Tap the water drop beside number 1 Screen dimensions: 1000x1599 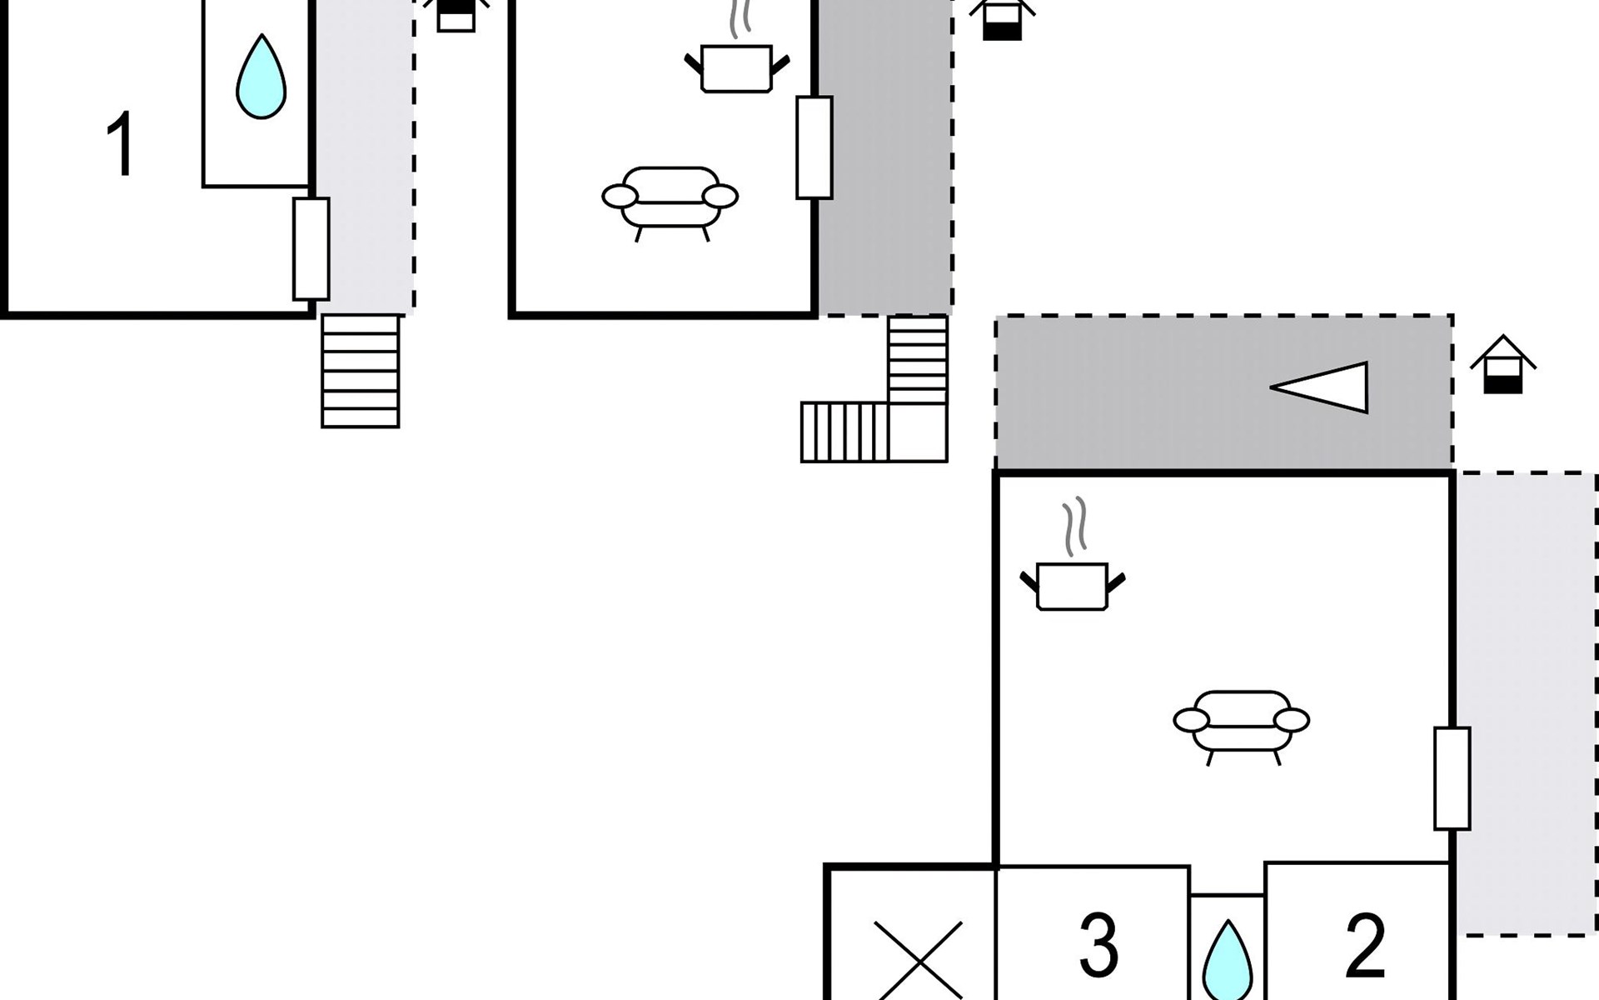261,77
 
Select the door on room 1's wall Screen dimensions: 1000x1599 311,248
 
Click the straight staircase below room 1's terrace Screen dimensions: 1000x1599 361,371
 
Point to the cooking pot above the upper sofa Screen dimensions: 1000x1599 736,67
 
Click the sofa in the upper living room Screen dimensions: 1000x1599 670,200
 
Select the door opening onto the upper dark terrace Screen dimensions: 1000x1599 814,147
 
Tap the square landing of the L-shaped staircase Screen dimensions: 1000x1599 918,432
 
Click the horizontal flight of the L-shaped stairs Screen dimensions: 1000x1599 844,432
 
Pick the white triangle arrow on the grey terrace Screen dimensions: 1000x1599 1323,387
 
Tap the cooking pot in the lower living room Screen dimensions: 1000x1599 1073,585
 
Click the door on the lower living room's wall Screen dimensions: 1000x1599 1452,778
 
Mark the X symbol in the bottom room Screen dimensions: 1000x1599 918,960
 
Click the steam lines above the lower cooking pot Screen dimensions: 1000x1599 1075,526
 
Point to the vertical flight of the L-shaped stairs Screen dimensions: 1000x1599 918,359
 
